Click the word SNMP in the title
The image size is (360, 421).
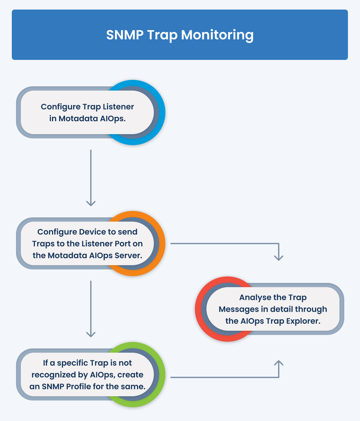[x=125, y=35]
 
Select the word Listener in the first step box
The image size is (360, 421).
[x=118, y=107]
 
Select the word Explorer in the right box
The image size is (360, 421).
[x=303, y=321]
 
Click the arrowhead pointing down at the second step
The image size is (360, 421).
[x=91, y=203]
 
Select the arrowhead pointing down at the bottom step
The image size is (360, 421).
[x=91, y=334]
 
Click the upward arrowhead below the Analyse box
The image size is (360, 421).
[x=279, y=363]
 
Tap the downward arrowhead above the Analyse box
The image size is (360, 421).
[x=279, y=258]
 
